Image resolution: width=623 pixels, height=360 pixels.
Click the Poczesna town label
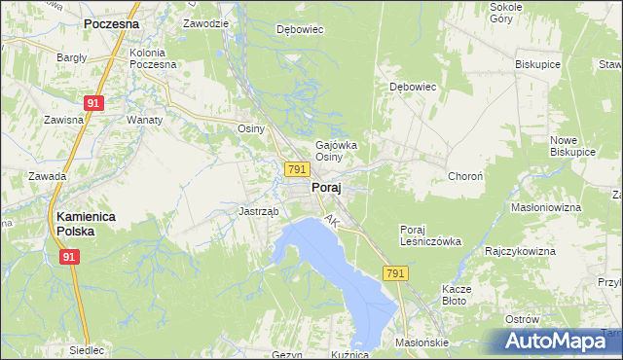(110, 22)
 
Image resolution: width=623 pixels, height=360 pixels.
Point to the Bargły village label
(72, 58)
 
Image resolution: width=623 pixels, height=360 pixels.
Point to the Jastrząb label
(259, 211)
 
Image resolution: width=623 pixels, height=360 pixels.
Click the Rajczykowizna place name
(520, 251)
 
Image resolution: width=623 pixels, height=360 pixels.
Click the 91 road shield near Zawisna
(93, 102)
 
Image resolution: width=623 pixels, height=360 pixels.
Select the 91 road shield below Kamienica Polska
(69, 256)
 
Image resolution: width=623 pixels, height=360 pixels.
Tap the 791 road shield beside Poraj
(298, 169)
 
